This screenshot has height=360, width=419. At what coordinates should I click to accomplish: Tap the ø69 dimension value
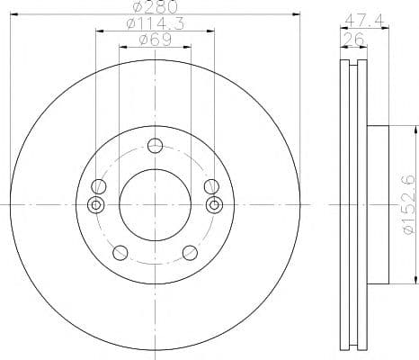point(155,40)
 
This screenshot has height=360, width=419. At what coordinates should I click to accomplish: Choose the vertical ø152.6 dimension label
point(407,205)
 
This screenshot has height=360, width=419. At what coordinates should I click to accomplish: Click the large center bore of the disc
point(155,205)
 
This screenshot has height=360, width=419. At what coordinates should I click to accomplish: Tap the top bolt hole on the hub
point(155,146)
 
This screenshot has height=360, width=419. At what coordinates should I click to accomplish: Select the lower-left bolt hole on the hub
point(120,253)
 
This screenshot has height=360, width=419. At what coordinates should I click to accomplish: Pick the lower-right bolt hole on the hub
point(191,253)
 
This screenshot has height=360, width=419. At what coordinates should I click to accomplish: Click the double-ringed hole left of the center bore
point(97,205)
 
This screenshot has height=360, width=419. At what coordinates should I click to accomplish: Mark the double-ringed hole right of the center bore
point(213,205)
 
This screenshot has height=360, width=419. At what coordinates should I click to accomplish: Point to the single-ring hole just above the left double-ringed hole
point(99,186)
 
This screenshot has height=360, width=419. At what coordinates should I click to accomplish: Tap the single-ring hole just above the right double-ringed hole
point(211,186)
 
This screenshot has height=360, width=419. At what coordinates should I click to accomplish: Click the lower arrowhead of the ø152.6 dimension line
point(397,283)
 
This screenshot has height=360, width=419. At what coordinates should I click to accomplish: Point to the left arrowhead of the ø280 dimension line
point(13,16)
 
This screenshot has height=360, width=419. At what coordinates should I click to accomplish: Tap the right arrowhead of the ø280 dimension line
point(298,16)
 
